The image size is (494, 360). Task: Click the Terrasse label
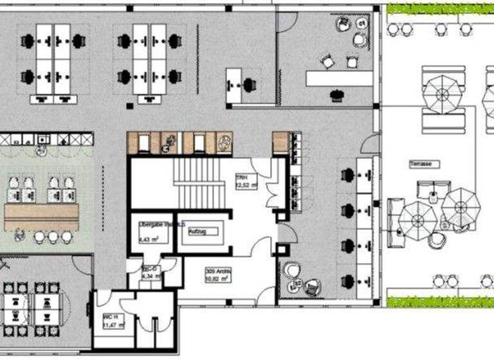point(423,164)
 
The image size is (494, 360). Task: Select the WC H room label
point(109,318)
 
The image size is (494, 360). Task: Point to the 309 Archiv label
point(218,272)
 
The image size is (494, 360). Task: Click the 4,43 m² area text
point(149,239)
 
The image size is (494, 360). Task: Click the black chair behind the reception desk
point(335,95)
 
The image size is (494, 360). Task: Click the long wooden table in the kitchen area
point(42,217)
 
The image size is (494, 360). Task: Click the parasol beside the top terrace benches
point(443,94)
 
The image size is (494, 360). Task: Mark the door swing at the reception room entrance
point(286,22)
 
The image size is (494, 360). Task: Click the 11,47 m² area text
point(110,325)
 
